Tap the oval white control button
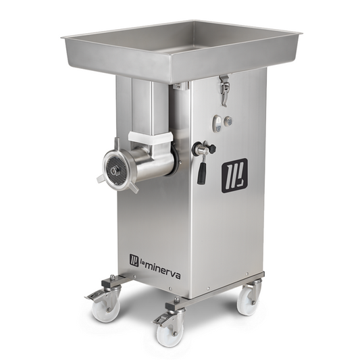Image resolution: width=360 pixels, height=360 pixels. click(217, 123)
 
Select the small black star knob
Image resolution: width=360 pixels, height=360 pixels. click(212, 147)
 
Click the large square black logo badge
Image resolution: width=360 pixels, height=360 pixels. click(234, 176)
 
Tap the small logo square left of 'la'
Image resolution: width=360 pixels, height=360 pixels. click(134, 261)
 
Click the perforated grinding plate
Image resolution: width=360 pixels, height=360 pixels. click(116, 170)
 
